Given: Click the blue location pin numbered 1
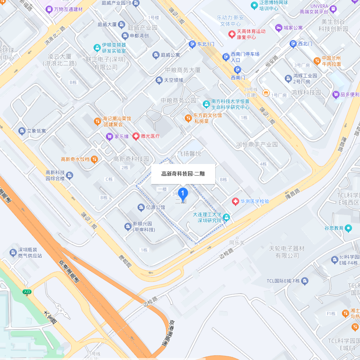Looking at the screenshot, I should point(183,194).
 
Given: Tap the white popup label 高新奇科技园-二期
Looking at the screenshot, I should point(183,174).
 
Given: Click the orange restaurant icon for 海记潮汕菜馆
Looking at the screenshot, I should point(97,121).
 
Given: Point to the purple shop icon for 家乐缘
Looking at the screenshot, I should point(109,136).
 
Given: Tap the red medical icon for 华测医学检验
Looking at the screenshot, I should point(236,201).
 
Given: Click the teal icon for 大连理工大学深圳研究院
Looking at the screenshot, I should point(226,217).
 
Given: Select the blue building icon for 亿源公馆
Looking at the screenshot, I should point(141,207).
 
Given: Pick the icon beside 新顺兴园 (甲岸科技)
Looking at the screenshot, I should point(128,227).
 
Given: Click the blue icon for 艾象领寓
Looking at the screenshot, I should point(22,131).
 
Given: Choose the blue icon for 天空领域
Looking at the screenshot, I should point(159,80).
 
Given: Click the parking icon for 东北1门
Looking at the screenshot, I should point(192,44).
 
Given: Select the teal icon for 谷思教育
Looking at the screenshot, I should point(348,228).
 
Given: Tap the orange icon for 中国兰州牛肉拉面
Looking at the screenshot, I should point(317,61).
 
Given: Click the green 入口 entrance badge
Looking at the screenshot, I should point(27,292).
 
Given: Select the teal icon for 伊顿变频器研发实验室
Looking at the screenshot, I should point(97,48).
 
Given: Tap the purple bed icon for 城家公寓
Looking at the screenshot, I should point(279,28).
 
